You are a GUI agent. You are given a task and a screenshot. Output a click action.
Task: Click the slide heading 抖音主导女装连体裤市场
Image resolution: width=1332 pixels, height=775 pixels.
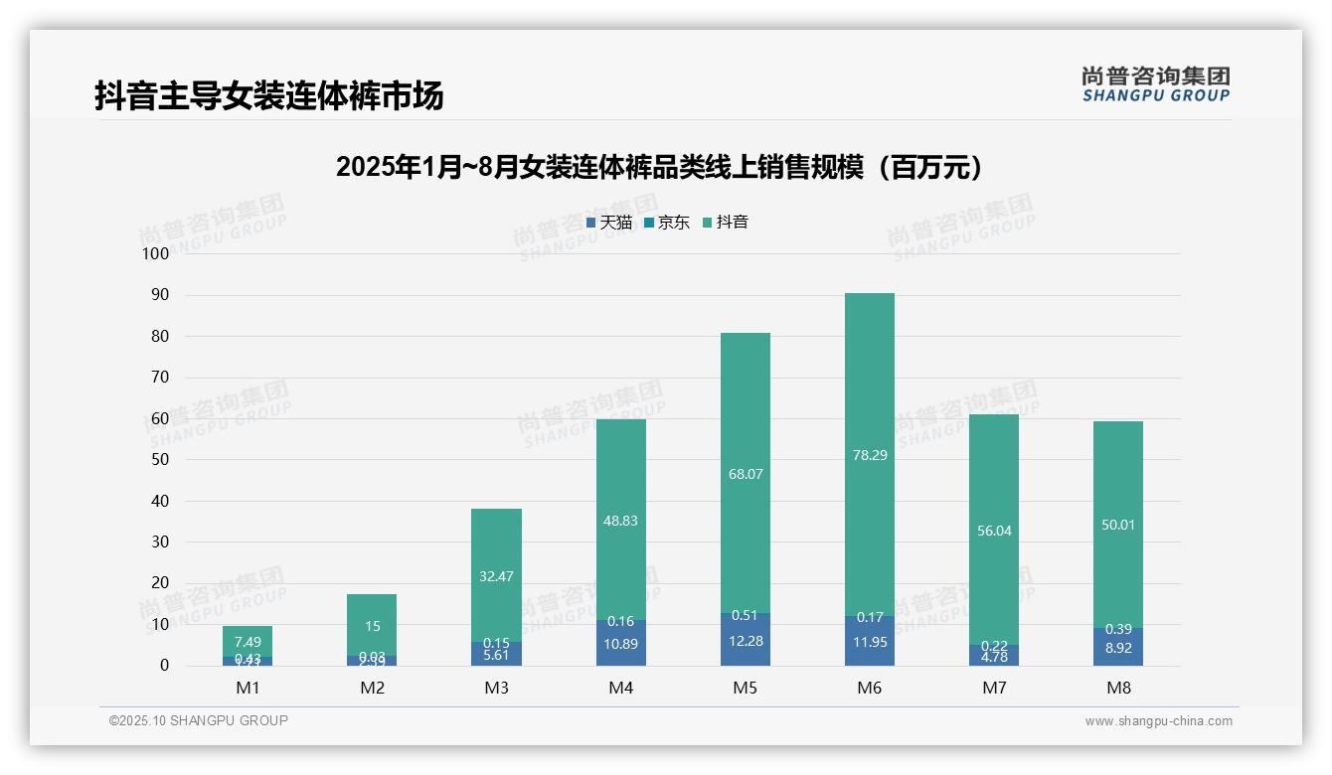[268, 95]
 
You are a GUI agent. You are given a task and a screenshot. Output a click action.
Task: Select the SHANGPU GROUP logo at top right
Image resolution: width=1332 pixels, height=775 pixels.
[1155, 84]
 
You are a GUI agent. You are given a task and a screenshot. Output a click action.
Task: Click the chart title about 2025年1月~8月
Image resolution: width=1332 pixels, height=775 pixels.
[660, 167]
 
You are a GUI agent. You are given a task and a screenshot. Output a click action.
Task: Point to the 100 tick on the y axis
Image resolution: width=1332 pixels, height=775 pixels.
[156, 253]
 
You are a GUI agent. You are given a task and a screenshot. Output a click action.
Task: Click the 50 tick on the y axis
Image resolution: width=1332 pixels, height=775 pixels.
[159, 460]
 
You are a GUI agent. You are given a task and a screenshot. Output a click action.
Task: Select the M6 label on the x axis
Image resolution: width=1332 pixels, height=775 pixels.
[869, 688]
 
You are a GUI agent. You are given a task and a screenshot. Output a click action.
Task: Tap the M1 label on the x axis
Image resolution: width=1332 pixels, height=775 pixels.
[248, 688]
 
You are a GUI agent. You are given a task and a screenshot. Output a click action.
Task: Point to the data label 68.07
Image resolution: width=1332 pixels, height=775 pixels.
[745, 474]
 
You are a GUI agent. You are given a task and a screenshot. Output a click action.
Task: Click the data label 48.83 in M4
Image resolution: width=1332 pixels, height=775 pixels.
[620, 521]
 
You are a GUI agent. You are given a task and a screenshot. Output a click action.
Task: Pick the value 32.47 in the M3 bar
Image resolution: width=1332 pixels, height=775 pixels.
[496, 576]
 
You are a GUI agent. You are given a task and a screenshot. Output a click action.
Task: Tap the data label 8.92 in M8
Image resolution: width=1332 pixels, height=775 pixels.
[1118, 647]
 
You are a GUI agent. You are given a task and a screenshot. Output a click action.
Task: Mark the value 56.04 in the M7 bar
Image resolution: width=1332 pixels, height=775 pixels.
[994, 531]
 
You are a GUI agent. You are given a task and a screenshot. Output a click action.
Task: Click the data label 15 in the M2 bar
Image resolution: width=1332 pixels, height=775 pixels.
[372, 626]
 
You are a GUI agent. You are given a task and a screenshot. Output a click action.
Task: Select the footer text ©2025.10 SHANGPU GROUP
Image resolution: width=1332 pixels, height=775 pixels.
[199, 720]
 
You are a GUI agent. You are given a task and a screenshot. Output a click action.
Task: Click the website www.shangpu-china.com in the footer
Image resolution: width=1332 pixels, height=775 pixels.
[1158, 720]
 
